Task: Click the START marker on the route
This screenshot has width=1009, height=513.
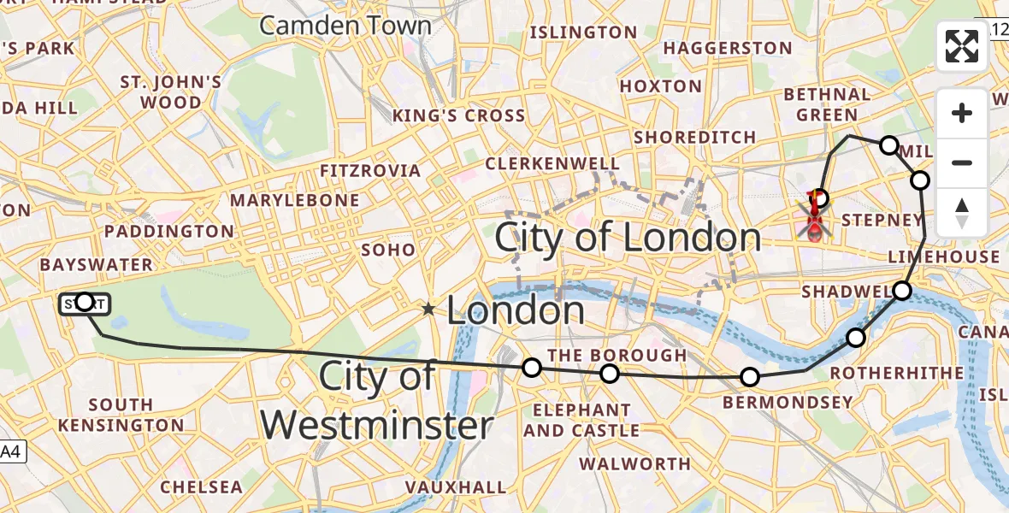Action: [85, 302]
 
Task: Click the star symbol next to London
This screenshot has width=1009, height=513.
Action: [429, 310]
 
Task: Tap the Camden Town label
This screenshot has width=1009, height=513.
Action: [345, 26]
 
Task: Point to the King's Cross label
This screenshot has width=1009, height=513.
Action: [458, 115]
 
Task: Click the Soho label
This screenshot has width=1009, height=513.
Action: [388, 250]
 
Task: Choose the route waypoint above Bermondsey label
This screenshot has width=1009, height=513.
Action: [750, 377]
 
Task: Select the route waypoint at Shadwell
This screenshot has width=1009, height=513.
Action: [903, 291]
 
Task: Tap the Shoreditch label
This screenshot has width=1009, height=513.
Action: [695, 138]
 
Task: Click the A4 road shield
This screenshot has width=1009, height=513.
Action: [12, 451]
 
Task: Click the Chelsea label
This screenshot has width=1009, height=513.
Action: [202, 487]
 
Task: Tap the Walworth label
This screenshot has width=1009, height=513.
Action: [634, 464]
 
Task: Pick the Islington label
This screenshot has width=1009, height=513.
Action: [584, 33]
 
